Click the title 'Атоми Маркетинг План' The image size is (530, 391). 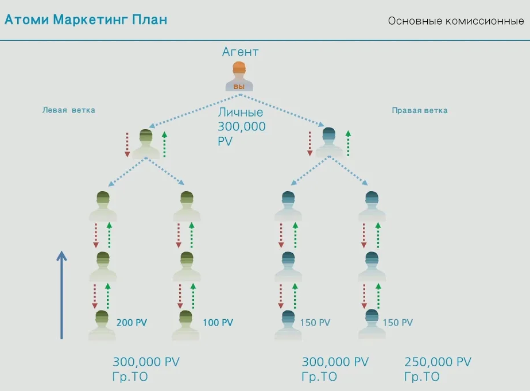(86, 20)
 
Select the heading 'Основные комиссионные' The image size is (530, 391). (455, 21)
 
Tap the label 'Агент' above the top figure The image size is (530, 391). (240, 52)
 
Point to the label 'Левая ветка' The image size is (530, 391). (69, 110)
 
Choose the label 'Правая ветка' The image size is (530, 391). (420, 110)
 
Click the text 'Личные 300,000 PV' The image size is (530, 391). (241, 126)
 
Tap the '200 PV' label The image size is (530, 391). (131, 323)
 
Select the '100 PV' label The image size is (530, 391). (218, 323)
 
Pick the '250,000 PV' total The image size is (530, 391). (438, 362)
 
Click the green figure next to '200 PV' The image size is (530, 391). (102, 325)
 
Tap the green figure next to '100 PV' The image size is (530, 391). (186, 325)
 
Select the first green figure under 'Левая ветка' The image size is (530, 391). (146, 144)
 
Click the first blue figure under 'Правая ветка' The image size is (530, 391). (329, 143)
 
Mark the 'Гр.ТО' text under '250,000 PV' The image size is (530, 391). (421, 377)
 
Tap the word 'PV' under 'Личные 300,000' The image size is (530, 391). (225, 141)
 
